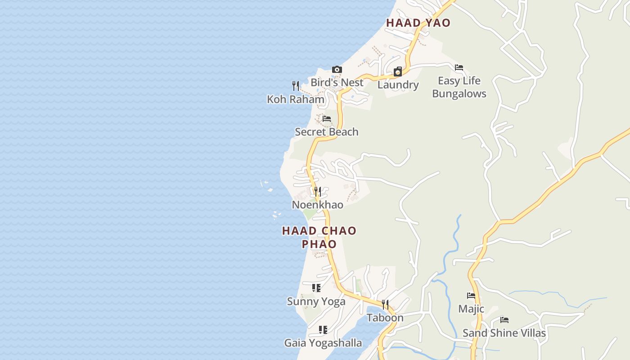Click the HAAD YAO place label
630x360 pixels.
[x=418, y=23]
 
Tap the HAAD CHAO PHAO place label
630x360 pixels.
[x=319, y=237]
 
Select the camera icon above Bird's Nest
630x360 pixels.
[x=337, y=69]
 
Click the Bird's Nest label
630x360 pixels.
[x=337, y=82]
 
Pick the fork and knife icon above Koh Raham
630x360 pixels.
[x=296, y=85]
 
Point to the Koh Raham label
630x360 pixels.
[x=296, y=99]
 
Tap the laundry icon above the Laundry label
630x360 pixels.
[x=398, y=72]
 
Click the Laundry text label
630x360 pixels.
[x=398, y=85]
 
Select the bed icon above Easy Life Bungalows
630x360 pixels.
[x=459, y=67]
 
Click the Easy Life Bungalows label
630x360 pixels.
[x=459, y=87]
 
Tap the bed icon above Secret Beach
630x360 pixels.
[x=327, y=118]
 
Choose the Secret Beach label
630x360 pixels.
[x=327, y=132]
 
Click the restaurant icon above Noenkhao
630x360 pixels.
[x=318, y=191]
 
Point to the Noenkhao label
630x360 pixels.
[x=318, y=205]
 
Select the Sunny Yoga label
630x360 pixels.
[x=316, y=301]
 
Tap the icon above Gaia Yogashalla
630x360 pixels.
[x=323, y=330]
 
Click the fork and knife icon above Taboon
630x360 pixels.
[x=385, y=304]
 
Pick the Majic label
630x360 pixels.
[x=471, y=309]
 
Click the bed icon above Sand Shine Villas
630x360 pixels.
[x=504, y=320]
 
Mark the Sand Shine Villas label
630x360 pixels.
[x=504, y=333]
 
